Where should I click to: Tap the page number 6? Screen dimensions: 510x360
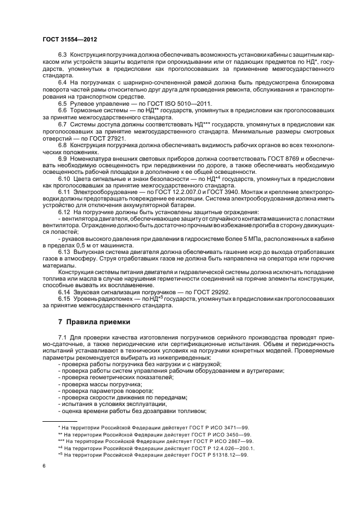pyautogui.click(x=44, y=466)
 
